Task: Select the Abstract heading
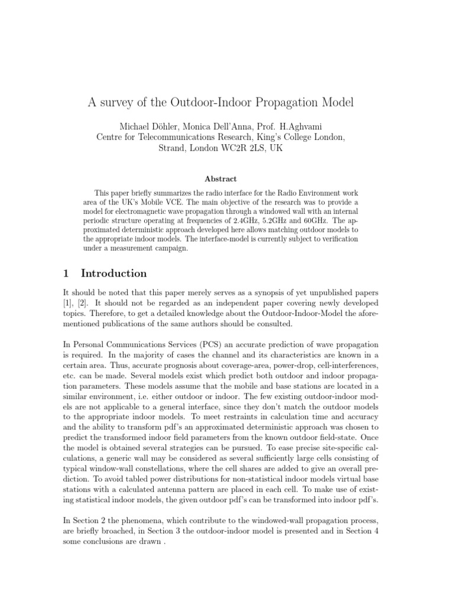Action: (220, 178)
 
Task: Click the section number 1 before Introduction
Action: (66, 273)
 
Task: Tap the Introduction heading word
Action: (113, 273)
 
